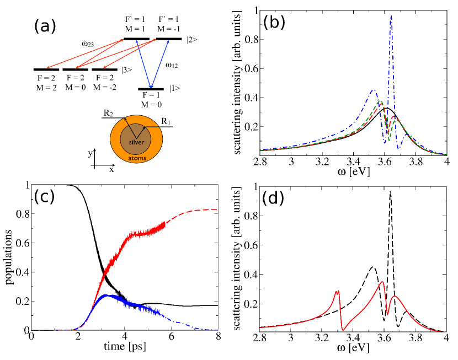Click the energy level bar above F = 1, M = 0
(x=151, y=89)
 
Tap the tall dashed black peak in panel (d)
(x=391, y=192)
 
